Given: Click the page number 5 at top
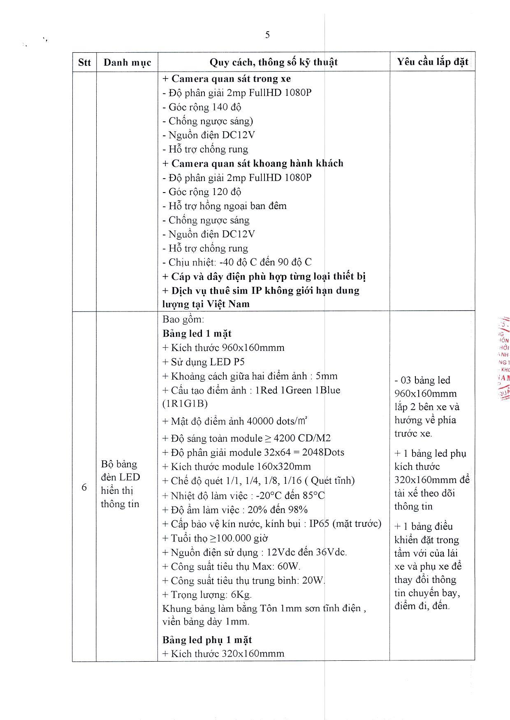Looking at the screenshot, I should pyautogui.click(x=267, y=35).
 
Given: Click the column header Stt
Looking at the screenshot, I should pyautogui.click(x=84, y=63).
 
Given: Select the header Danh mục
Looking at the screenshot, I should pyautogui.click(x=127, y=63).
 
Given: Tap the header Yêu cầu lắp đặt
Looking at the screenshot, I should pyautogui.click(x=432, y=62).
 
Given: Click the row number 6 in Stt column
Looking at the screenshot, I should pyautogui.click(x=84, y=488).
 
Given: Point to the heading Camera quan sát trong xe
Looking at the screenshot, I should pyautogui.click(x=227, y=79).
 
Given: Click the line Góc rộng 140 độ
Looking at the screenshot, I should pyautogui.click(x=202, y=107).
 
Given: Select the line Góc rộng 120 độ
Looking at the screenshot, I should pyautogui.click(x=202, y=192).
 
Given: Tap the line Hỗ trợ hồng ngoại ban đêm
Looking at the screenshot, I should pyautogui.click(x=224, y=206).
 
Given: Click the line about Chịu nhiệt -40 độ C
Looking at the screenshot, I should pyautogui.click(x=237, y=262).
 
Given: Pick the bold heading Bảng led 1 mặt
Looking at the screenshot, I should pyautogui.click(x=197, y=333).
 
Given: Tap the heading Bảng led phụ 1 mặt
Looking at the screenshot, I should pyautogui.click(x=207, y=640).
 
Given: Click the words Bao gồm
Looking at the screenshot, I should pyautogui.click(x=183, y=319).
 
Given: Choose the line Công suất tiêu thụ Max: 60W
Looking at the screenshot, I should pyautogui.click(x=231, y=567).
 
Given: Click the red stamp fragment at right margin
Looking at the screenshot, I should pyautogui.click(x=503, y=358).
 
